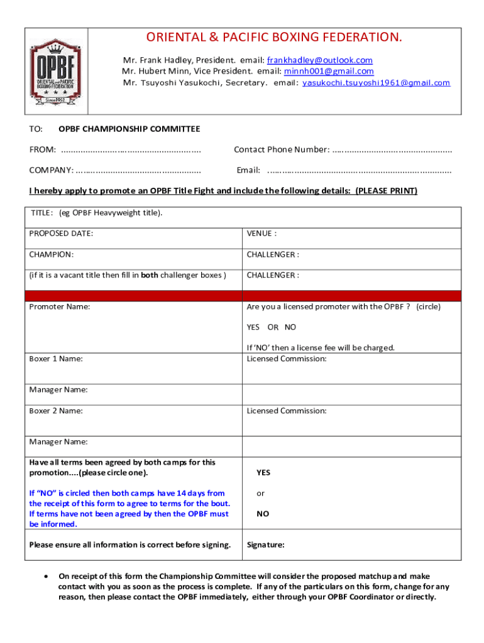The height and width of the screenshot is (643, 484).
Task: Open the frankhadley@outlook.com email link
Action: [319, 60]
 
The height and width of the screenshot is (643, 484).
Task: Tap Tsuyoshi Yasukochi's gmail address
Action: [376, 83]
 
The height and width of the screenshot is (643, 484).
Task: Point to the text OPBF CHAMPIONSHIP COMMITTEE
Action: [129, 129]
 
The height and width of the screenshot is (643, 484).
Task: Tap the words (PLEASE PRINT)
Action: [386, 191]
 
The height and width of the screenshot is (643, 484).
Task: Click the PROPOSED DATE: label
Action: [61, 234]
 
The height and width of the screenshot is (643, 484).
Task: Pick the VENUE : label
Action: [261, 234]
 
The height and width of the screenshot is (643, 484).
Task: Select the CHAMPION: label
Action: [52, 254]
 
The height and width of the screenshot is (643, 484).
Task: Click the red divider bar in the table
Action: [243, 296]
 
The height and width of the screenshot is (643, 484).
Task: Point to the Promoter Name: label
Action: [60, 307]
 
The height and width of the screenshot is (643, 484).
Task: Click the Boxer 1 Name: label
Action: [56, 359]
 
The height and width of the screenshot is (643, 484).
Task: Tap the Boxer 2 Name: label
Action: [56, 411]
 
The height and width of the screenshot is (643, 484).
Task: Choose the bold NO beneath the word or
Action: [262, 514]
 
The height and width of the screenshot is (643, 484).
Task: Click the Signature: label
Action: [265, 545]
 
